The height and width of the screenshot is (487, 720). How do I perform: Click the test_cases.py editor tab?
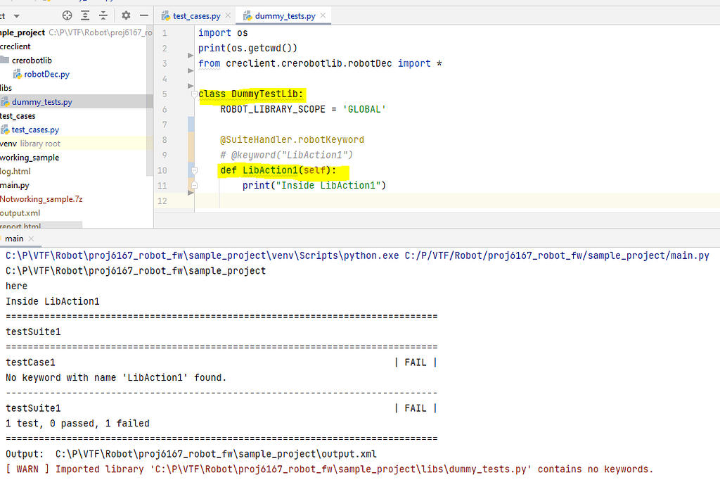(x=196, y=15)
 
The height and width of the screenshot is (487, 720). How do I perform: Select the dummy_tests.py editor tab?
(x=285, y=15)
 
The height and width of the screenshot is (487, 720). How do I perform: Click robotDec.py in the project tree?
(x=46, y=74)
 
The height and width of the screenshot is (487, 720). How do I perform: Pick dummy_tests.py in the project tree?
(x=41, y=102)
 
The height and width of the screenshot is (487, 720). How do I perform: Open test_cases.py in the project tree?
(x=35, y=129)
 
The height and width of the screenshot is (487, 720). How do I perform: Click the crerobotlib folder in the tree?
(x=32, y=61)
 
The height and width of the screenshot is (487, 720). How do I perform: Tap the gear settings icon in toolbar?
(x=126, y=15)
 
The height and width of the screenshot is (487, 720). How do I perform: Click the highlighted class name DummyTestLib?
(x=266, y=94)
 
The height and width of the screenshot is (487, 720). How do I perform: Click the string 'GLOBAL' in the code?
(x=364, y=109)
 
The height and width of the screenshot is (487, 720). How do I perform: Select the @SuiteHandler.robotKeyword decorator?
(x=292, y=139)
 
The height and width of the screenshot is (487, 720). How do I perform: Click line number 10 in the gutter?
(x=163, y=170)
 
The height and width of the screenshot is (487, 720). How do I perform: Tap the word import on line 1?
(x=214, y=33)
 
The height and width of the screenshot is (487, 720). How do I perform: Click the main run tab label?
(x=14, y=239)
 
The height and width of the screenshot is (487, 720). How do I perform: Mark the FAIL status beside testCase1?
(x=415, y=362)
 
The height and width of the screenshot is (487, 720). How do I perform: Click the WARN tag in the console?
(x=27, y=469)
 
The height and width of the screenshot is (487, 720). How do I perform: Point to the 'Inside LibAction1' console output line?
(x=53, y=301)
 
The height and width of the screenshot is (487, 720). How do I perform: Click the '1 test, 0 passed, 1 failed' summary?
(x=77, y=424)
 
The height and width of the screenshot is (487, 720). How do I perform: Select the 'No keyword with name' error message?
(x=116, y=378)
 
